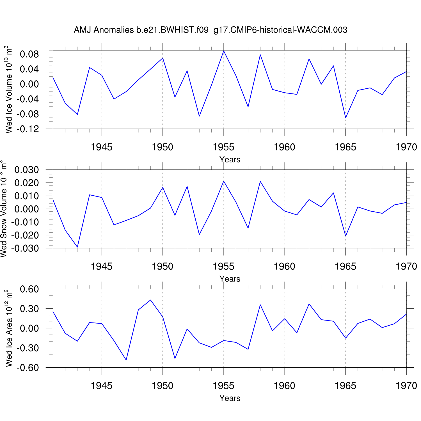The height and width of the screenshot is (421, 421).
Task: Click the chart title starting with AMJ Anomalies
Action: point(210,30)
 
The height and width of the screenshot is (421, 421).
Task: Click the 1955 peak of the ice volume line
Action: point(224,51)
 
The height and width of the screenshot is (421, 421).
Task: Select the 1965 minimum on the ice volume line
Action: point(346,118)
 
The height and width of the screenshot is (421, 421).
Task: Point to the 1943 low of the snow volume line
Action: point(77,247)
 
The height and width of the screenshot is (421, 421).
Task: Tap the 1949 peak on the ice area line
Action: point(151,300)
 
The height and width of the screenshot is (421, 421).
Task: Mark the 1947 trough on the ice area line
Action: point(126,360)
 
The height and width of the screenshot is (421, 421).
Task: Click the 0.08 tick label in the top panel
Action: point(29,54)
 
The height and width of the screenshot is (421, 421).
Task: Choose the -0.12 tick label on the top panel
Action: point(28,129)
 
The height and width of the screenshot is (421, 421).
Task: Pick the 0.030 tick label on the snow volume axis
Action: point(27,170)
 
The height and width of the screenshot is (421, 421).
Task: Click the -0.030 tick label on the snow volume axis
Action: point(25,248)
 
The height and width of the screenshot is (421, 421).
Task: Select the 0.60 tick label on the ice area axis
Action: point(29,289)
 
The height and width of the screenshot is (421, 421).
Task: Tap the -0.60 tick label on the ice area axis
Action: point(28,368)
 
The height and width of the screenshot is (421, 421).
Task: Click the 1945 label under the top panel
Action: point(102,147)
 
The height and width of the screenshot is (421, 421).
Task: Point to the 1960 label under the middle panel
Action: point(285,266)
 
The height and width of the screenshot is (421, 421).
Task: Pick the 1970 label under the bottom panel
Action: point(406,386)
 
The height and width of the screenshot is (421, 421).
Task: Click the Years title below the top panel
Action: point(230,159)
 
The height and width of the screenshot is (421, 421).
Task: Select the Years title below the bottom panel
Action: point(230,398)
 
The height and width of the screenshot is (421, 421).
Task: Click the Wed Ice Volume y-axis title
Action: point(9,90)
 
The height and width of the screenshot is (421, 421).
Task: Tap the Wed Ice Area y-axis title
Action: point(9,328)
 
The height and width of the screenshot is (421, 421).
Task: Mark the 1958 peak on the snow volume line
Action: point(260,181)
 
